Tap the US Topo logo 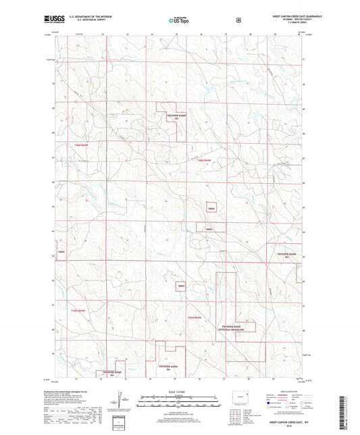click(x=180, y=20)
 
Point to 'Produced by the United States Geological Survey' click(x=74, y=392)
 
